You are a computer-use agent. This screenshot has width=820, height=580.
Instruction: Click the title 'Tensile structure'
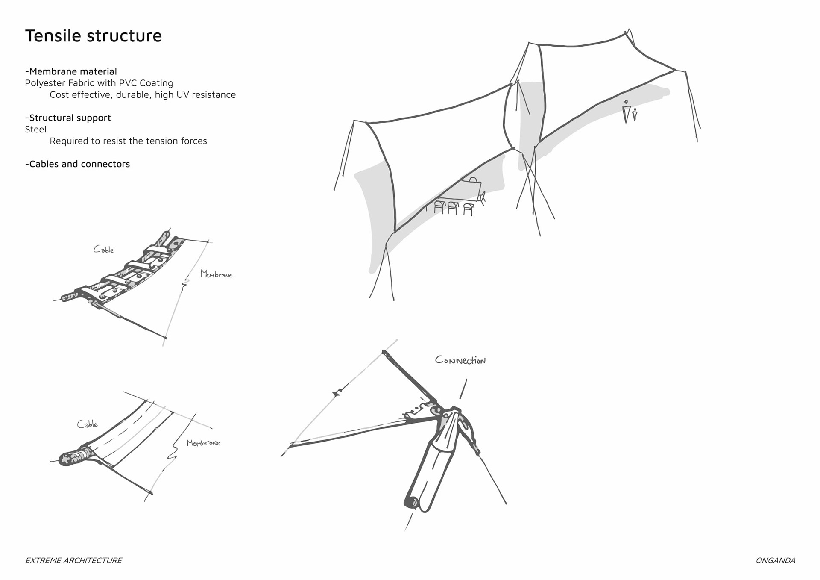coord(94,36)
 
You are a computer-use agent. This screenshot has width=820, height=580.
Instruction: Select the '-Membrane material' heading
coord(71,71)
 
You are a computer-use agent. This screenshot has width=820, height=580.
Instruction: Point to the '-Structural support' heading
coord(68,118)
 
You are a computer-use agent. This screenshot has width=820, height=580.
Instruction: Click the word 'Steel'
coord(35,130)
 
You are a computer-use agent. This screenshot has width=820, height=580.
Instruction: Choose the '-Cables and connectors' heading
coord(77,164)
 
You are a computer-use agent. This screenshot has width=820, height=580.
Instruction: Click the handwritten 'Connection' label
coord(460,360)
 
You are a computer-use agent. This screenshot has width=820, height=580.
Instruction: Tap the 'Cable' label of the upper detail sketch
coord(103,250)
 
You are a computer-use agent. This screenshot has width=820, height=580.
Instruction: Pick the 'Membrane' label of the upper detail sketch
coord(216,274)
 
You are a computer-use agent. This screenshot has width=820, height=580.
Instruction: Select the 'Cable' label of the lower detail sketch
coord(87,424)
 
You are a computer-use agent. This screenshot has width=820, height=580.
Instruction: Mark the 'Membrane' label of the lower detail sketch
coord(203,443)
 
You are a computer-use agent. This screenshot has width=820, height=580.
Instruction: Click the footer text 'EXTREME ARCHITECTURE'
coord(73,560)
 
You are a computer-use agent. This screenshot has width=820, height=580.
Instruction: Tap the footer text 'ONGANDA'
coord(775,560)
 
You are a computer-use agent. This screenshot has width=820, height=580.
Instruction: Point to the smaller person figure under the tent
coord(635,115)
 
